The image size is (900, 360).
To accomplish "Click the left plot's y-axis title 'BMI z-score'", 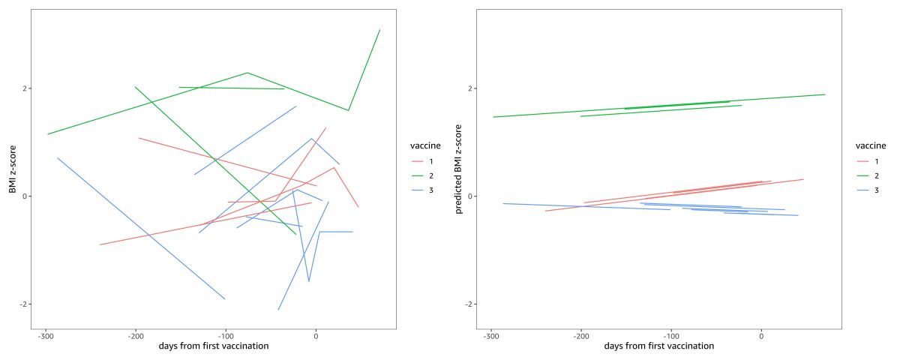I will [13, 169].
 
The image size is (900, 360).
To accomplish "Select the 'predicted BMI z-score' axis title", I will [459, 169].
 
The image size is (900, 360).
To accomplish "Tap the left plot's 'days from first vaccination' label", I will [214, 346].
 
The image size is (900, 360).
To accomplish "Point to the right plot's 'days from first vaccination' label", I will [658, 346].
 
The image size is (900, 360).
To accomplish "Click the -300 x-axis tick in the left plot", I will [46, 334].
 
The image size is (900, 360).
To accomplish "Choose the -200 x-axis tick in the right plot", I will [581, 334].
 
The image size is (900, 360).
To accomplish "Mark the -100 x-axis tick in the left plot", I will [225, 334].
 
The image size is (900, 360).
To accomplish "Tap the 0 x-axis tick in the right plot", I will [761, 334].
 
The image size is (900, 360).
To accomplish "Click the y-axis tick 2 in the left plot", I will [25, 88].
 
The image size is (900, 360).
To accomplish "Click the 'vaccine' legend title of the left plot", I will [424, 145].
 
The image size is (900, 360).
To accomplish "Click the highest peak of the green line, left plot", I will [379, 30].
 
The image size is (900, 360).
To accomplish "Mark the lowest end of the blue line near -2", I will [278, 310].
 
